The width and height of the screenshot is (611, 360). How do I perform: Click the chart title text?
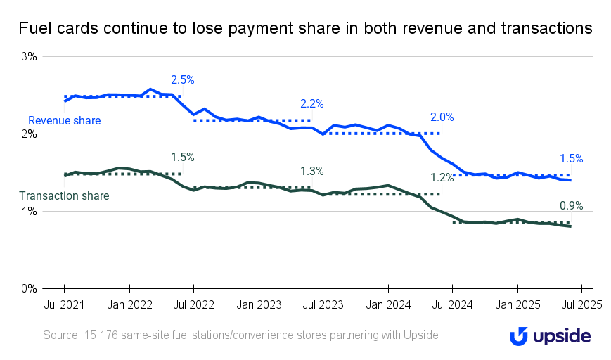[x=305, y=28]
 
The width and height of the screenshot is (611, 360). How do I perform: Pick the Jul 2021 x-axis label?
[x=64, y=305]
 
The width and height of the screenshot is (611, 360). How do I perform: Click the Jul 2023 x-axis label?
[x=323, y=305]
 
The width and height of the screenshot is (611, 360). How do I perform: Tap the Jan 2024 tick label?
[x=387, y=305]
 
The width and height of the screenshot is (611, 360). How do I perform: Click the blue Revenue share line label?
[x=64, y=121]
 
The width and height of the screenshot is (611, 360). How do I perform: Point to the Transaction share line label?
[x=64, y=195]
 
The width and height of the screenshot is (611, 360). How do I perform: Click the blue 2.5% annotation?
[x=182, y=80]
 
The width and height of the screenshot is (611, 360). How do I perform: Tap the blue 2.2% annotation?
[x=311, y=103]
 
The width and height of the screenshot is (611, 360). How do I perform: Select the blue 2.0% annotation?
[x=442, y=117]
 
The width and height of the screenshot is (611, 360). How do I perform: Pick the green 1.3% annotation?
[x=311, y=171]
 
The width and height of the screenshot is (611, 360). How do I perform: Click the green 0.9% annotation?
[x=571, y=206]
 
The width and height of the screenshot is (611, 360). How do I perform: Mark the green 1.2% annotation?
[x=442, y=177]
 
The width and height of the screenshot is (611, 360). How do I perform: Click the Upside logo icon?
[x=520, y=336]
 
